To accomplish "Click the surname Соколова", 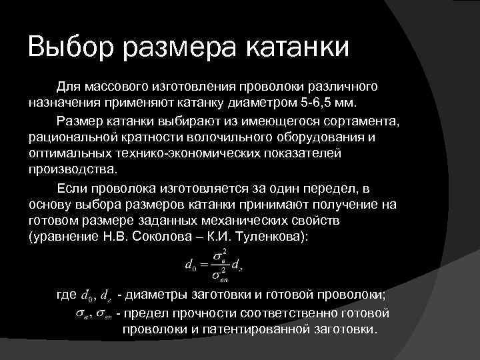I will click(173, 237).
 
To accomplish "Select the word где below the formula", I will click(67, 296).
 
